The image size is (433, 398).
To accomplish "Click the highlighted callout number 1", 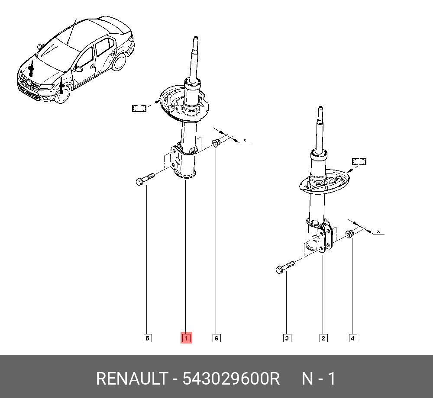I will (x=186, y=338).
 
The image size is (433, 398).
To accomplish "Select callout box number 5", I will (x=148, y=338).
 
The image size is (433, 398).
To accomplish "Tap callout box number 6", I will (x=216, y=338).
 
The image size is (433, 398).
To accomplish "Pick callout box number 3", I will (x=287, y=338).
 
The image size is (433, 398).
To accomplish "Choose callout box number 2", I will (x=323, y=338).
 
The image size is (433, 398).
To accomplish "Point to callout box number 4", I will (x=353, y=338).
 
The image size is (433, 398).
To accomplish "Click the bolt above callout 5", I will (x=145, y=180).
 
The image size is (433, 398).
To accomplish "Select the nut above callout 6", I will (x=216, y=143).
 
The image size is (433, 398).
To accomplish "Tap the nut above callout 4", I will (x=349, y=234).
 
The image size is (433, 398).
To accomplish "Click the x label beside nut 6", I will (x=245, y=140).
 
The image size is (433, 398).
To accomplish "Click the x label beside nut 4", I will (x=378, y=231).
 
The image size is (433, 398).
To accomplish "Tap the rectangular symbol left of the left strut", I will (x=139, y=108).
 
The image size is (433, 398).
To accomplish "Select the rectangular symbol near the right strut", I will (x=359, y=162).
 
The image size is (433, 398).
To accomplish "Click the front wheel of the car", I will (x=62, y=94).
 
